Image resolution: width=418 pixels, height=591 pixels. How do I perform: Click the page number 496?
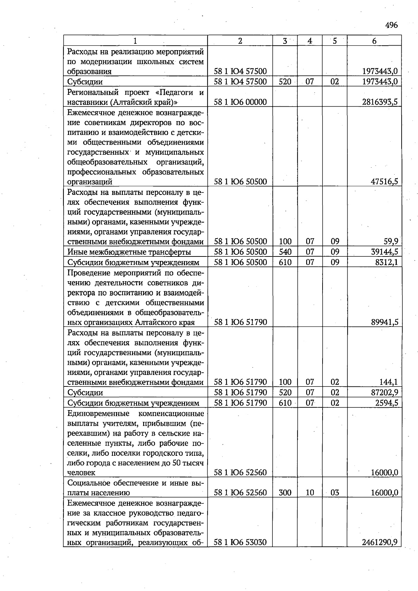pos(392,25)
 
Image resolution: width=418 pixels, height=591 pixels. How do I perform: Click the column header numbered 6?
pos(374,41)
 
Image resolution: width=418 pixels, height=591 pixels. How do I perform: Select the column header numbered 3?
pos(285,41)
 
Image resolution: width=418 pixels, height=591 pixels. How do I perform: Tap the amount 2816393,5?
pos(380,102)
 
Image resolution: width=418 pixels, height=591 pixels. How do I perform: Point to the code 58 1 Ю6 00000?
pos(240,102)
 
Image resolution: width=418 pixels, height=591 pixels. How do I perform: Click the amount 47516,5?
pos(385,182)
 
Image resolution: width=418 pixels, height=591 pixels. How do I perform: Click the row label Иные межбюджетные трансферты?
pos(129,252)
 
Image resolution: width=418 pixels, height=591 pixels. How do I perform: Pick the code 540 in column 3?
pos(285,252)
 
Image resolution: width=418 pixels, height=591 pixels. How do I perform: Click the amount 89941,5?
pos(385,322)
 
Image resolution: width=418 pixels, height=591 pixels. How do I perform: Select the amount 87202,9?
pos(385,393)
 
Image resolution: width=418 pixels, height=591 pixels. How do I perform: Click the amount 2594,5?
pos(386,403)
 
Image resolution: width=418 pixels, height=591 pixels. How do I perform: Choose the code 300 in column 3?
pos(285,493)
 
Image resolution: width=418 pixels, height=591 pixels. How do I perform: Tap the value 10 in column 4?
pos(310,493)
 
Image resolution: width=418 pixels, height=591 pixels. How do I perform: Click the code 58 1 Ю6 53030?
pos(240,543)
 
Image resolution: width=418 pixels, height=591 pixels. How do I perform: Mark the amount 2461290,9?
pos(380,543)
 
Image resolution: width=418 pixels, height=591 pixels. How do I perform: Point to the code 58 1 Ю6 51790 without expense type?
pos(240,322)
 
